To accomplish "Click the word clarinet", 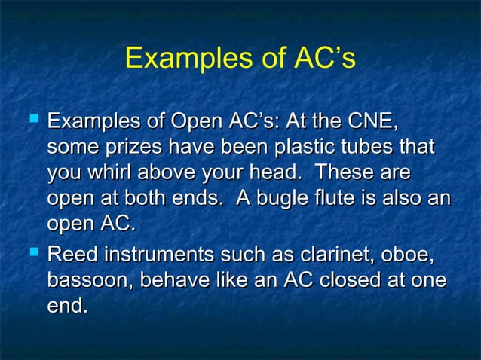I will click(327, 255).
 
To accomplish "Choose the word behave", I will click(170, 282).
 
